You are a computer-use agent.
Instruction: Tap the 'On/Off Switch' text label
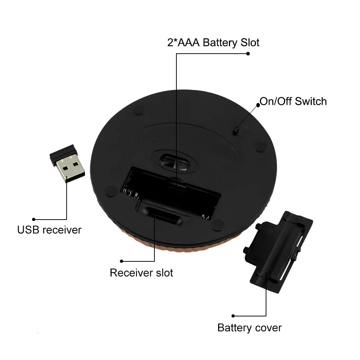293,101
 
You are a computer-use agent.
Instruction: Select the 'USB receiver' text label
49,230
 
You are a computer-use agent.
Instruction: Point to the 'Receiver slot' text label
141,273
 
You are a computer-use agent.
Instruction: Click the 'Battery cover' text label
249,328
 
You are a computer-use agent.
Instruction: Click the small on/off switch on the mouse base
237,131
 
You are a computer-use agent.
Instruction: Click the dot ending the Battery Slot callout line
248,54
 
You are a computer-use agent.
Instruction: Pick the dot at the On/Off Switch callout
258,105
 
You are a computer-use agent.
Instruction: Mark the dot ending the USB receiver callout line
33,219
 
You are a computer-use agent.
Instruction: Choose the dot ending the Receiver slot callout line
122,261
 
